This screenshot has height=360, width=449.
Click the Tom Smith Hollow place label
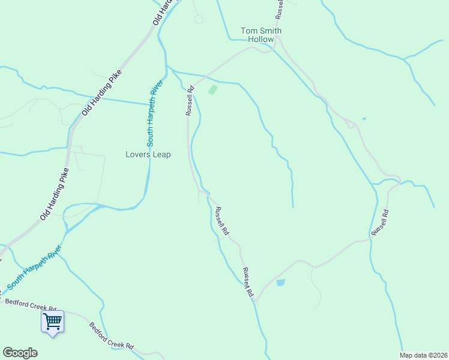[261, 35]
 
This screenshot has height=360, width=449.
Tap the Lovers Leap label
[148, 155]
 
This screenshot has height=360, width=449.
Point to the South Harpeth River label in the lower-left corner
[34, 268]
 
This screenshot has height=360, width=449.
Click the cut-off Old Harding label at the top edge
[167, 11]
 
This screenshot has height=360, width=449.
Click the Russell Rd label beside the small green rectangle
[190, 101]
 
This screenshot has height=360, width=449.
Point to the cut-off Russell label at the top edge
[279, 8]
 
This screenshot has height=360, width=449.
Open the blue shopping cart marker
[52, 322]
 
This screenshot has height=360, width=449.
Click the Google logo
[20, 353]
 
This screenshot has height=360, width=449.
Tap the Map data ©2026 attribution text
[424, 355]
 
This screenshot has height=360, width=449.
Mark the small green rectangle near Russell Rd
[212, 90]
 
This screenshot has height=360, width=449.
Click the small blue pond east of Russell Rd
[280, 283]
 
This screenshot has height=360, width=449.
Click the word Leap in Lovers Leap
[161, 155]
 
